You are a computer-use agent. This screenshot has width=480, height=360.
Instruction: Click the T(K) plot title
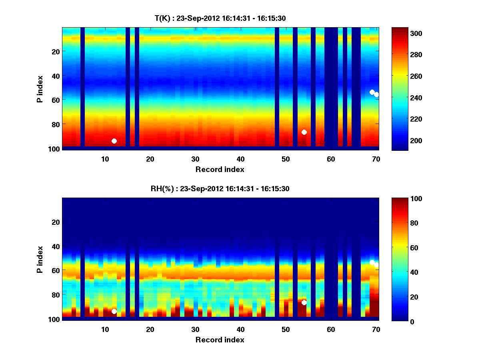tap(220, 18)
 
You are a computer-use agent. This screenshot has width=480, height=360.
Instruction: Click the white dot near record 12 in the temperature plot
tap(114, 141)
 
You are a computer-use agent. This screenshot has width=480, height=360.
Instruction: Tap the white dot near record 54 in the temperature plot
tap(304, 132)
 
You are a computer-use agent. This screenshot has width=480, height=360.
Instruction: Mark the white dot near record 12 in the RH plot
tap(114, 311)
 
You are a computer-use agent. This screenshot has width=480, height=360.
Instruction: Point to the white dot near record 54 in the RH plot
tap(304, 302)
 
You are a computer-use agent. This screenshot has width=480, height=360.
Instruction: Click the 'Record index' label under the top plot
tap(220, 169)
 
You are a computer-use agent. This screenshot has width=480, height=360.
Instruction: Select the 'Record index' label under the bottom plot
tap(220, 340)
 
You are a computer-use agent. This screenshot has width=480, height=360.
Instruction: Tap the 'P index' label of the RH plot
tap(40, 259)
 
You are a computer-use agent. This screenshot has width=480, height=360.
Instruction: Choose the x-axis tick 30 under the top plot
tap(195, 159)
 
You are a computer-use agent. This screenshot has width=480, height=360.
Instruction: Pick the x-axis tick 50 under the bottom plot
tap(286, 329)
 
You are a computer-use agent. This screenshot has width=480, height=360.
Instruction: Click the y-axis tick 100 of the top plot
tap(55, 149)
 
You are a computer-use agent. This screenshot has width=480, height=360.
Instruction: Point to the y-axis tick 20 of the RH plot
tap(56, 222)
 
